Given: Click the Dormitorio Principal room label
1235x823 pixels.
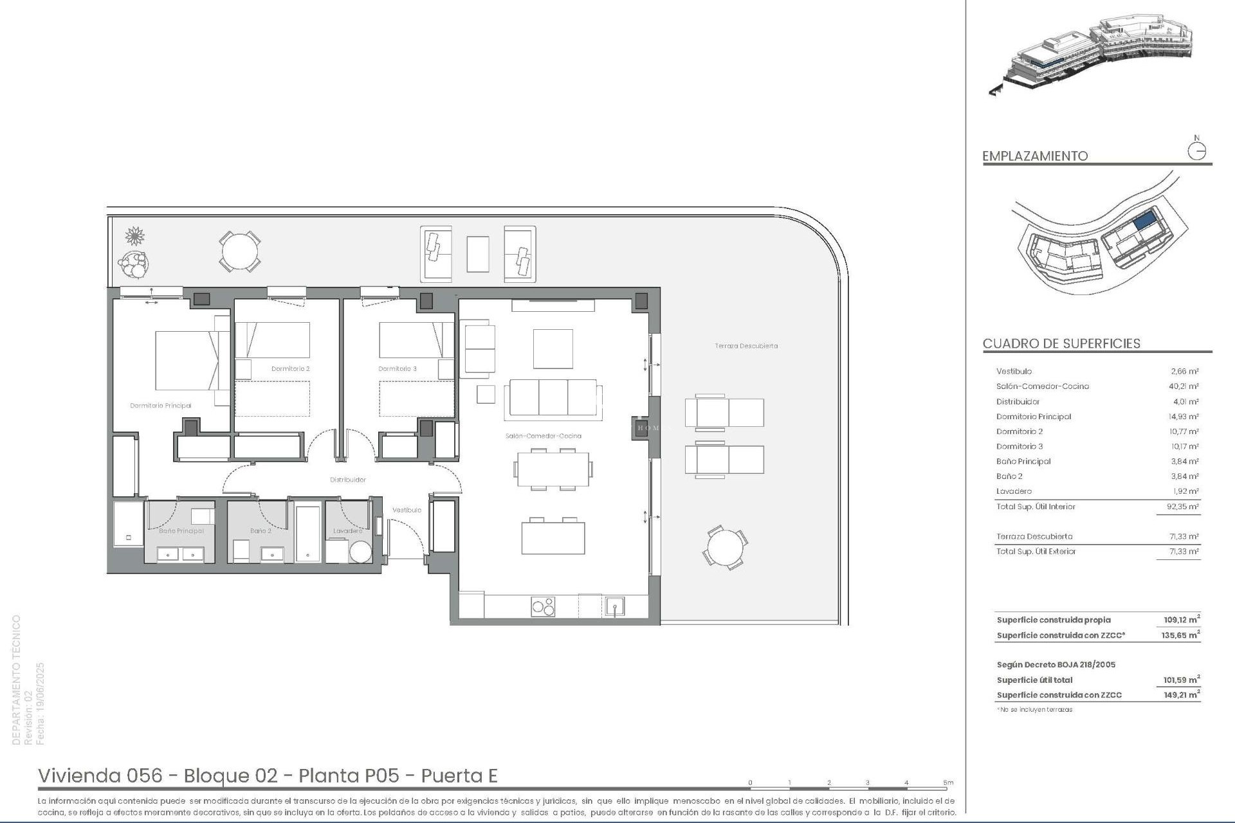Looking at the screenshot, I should [x=160, y=406].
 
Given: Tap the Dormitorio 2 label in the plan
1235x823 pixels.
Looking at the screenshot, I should [x=290, y=369].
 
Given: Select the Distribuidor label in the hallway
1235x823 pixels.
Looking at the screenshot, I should [x=347, y=480].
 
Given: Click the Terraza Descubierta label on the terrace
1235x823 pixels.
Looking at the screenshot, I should [x=746, y=346].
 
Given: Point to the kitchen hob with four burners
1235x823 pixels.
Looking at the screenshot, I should [x=543, y=606].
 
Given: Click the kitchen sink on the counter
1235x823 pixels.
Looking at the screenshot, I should [x=614, y=606].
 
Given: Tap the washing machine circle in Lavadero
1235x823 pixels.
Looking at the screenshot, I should [x=360, y=552].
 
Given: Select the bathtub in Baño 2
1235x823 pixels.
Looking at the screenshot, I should [x=308, y=534].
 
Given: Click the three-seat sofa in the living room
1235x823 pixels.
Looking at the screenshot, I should [x=553, y=399].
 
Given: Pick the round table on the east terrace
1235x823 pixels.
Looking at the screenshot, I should [x=725, y=548].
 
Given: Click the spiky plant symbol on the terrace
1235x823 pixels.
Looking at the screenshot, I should [x=134, y=236].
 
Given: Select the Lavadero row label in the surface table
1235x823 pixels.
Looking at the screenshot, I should [x=1014, y=491].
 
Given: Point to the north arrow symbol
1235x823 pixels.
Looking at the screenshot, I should [x=1196, y=150].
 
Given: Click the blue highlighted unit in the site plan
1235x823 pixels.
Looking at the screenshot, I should [x=1144, y=222].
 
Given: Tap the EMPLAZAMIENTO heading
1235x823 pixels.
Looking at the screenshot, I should [x=1035, y=156].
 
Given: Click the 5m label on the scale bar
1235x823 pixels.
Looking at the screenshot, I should [x=948, y=782].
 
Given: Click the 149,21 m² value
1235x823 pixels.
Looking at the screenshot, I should [x=1181, y=695].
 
